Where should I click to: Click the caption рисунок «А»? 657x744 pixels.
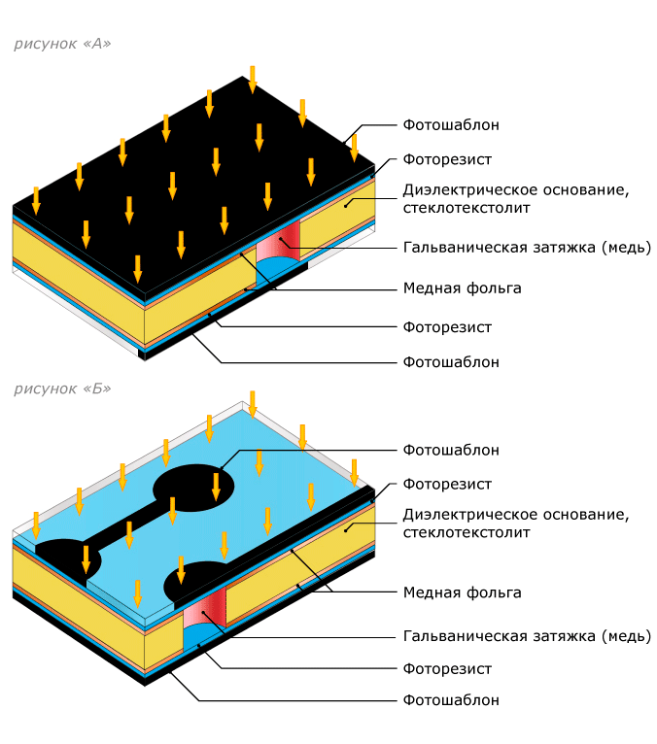(x=62, y=44)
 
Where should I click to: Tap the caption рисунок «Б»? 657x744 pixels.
(x=62, y=389)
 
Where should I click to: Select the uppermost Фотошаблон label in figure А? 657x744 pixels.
(x=451, y=125)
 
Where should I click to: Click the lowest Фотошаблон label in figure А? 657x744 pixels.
(x=451, y=362)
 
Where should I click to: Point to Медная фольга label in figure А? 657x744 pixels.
(x=462, y=288)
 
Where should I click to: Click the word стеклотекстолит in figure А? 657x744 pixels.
(x=467, y=208)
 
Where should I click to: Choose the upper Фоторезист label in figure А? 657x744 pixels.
(x=447, y=159)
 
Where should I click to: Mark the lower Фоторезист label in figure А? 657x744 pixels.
(x=447, y=327)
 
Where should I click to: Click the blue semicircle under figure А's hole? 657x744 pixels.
(x=278, y=269)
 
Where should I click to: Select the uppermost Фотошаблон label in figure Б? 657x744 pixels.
(x=451, y=450)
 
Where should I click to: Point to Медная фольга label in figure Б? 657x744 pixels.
(x=462, y=592)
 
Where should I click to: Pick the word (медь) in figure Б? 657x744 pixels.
(x=626, y=636)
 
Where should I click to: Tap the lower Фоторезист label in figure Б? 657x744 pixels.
(x=447, y=669)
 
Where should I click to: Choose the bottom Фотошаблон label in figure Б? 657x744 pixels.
(x=451, y=700)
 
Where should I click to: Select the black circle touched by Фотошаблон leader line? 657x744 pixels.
(x=193, y=488)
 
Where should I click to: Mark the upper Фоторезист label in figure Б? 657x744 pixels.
(x=447, y=485)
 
